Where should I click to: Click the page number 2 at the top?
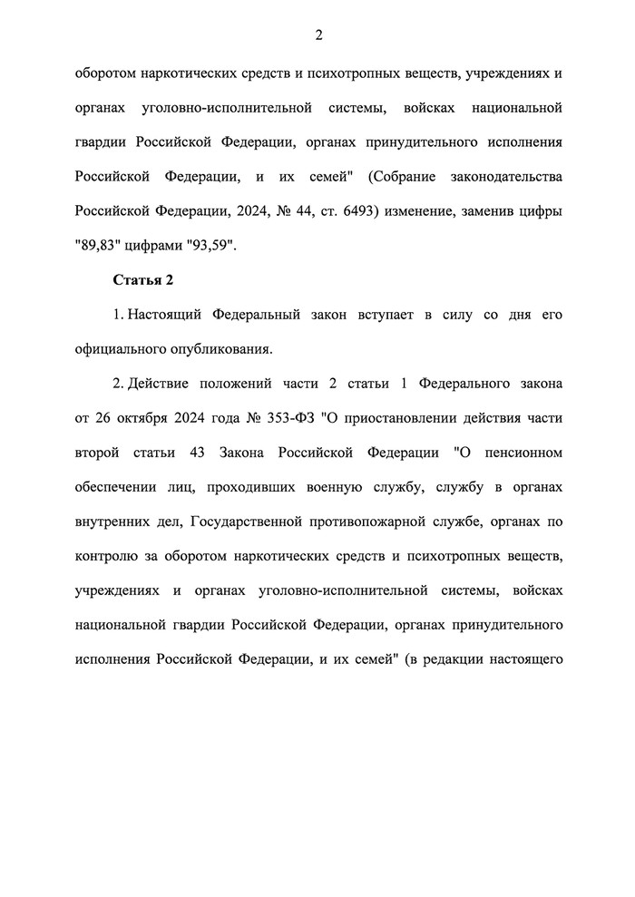click(x=318, y=35)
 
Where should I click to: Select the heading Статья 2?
click(x=142, y=280)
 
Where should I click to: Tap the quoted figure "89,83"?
click(x=96, y=246)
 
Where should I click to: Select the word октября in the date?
click(x=140, y=418)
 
